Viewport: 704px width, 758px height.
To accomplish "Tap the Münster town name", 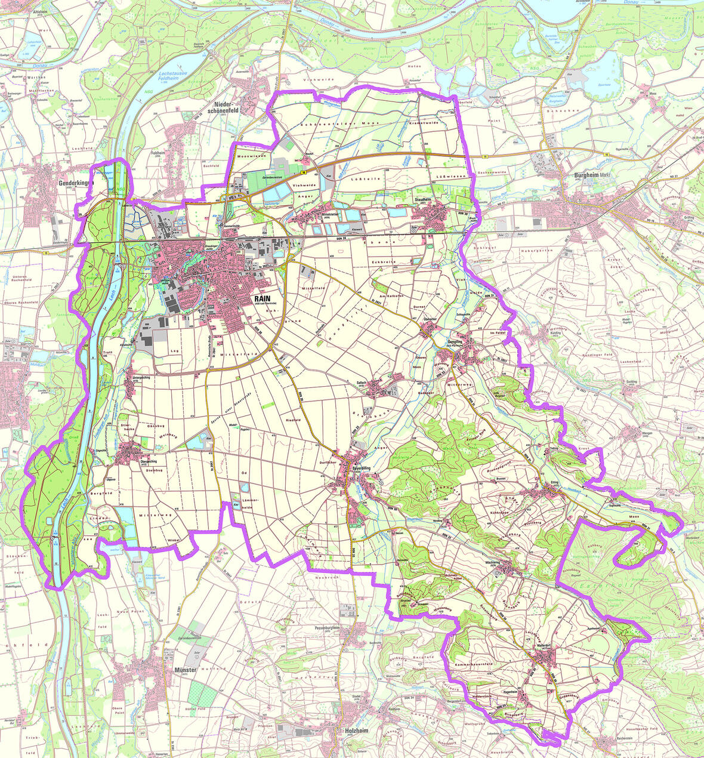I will pos(184,670).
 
